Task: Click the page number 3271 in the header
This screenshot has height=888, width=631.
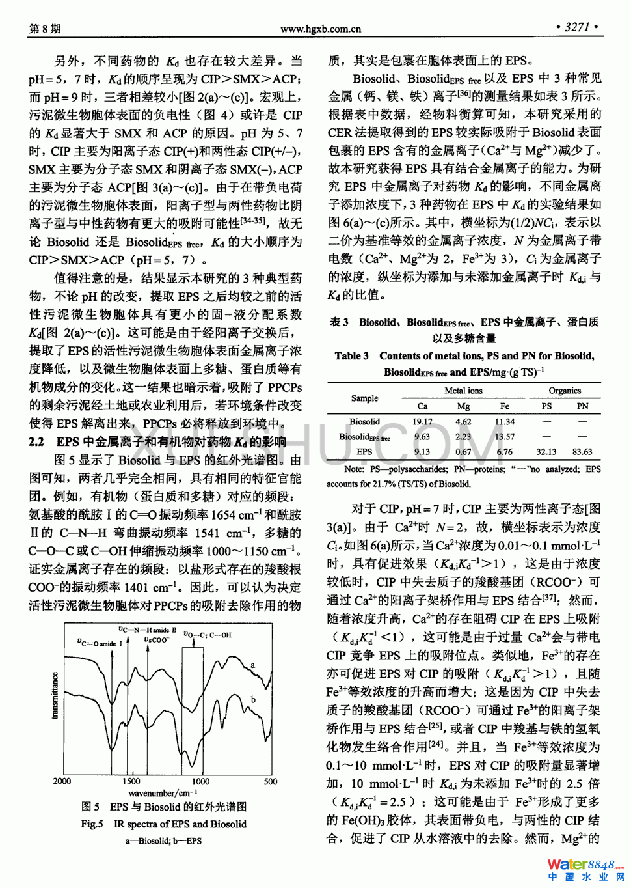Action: tap(576, 27)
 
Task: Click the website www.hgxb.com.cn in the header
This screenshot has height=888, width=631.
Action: tap(320, 29)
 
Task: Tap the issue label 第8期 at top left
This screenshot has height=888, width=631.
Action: tap(45, 29)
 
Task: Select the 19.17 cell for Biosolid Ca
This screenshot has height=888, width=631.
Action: tap(422, 422)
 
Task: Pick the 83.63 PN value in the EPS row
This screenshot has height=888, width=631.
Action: tap(582, 452)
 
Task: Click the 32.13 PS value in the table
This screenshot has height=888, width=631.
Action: tap(546, 452)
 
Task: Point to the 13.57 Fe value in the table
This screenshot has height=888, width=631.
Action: tap(504, 437)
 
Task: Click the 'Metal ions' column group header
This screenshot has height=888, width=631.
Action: tap(463, 391)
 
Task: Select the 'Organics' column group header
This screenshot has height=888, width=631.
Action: tap(565, 391)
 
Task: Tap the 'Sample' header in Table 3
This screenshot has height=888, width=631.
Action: tap(364, 398)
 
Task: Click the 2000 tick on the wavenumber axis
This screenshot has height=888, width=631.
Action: tap(62, 781)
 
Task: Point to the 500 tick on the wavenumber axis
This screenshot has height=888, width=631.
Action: tap(271, 781)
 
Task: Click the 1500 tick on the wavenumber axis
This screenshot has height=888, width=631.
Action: tap(131, 781)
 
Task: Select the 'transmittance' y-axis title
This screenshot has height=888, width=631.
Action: tap(55, 696)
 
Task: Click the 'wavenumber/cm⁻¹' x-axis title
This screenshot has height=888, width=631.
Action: tap(163, 793)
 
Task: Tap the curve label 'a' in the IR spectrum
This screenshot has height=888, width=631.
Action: tap(253, 665)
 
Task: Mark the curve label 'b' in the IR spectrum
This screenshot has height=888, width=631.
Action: tap(253, 700)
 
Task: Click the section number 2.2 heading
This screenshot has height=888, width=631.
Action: tap(36, 442)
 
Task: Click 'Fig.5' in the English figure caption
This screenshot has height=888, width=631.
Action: tap(92, 824)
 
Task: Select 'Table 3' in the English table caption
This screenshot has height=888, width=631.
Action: tap(351, 356)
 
